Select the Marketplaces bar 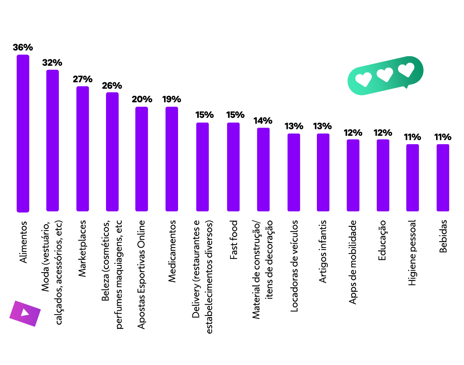pyautogui.click(x=83, y=149)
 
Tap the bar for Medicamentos pyautogui.click(x=172, y=159)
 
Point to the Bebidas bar pyautogui.click(x=443, y=177)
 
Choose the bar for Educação pyautogui.click(x=383, y=175)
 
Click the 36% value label pyautogui.click(x=23, y=48)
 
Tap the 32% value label pyautogui.click(x=52, y=63)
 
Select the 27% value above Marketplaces pyautogui.click(x=83, y=79)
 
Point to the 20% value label pyautogui.click(x=142, y=100)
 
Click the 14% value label pyautogui.click(x=263, y=121)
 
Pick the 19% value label pyautogui.click(x=172, y=100)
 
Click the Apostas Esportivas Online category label pyautogui.click(x=141, y=274)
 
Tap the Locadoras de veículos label pyautogui.click(x=294, y=266)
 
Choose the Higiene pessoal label pyautogui.click(x=412, y=253)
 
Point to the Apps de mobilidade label pyautogui.click(x=353, y=262)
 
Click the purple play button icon pyautogui.click(x=25, y=313)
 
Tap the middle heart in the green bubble pyautogui.click(x=385, y=75)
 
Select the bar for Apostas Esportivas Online pyautogui.click(x=142, y=159)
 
